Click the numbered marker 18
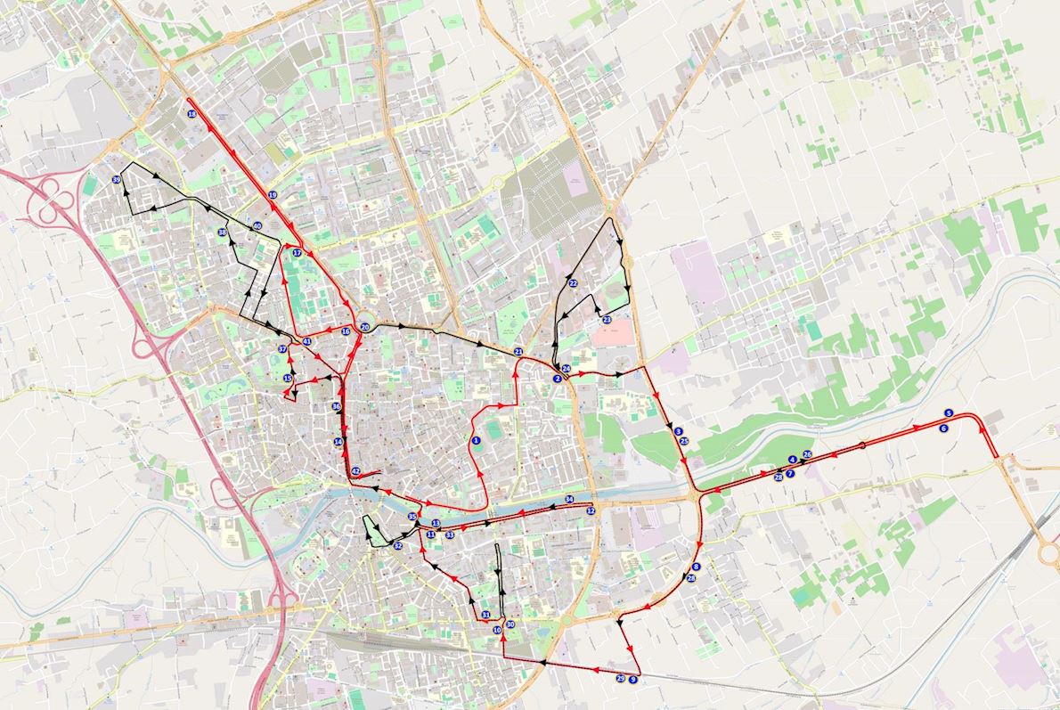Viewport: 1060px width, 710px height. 192,114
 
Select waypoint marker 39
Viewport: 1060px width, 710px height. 117,180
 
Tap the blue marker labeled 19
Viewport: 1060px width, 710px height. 273,194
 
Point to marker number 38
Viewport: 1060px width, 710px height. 222,233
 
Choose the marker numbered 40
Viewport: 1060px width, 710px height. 257,226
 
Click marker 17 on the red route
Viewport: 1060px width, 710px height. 298,253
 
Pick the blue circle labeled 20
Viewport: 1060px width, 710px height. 365,328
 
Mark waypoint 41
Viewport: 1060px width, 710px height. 306,341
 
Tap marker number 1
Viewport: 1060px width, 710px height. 477,440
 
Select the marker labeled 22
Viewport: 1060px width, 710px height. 573,283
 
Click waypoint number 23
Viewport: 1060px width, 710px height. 607,319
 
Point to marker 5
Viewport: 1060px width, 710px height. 949,413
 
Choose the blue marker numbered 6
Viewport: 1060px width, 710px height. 943,428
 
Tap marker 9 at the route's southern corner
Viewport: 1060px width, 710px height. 632,679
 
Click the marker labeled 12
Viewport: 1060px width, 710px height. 591,510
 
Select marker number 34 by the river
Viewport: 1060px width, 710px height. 569,499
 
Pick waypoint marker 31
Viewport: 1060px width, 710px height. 485,615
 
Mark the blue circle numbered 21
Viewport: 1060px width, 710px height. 518,352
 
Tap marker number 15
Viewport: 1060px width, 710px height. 288,379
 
